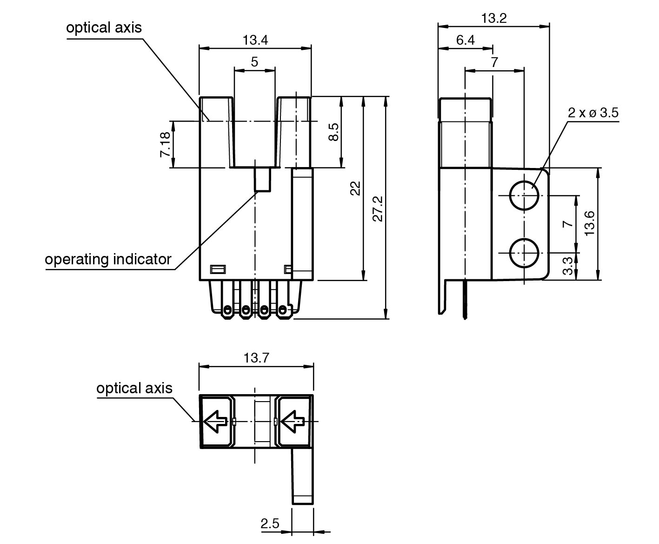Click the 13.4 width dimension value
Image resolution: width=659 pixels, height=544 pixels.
coord(255,40)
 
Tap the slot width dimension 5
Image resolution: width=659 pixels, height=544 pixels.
coord(254,62)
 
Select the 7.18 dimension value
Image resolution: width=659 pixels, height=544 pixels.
coord(165,144)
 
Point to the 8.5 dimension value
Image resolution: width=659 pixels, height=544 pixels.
coord(333,132)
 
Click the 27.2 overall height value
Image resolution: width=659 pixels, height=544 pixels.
coord(378,208)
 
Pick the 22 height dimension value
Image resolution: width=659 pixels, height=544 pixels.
coord(355,188)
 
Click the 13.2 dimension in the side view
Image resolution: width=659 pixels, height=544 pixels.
coord(493,19)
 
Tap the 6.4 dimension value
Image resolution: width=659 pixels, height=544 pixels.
coord(465,40)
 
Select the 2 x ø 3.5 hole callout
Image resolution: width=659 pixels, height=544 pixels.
coord(593,113)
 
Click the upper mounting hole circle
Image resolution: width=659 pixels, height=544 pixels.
coord(525,195)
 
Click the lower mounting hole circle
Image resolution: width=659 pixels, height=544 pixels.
coord(525,253)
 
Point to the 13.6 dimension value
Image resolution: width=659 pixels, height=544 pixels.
coord(589,223)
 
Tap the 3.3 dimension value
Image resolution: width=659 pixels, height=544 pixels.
coord(568,267)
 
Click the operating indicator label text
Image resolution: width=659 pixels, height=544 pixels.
coord(108,259)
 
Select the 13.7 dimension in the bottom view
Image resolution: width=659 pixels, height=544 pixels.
coord(256,358)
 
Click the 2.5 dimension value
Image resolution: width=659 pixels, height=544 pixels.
coord(270,524)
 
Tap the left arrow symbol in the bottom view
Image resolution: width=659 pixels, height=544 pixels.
coord(215,422)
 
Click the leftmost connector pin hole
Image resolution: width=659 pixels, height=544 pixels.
coord(227,309)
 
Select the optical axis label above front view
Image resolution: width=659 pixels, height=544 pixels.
coord(104,27)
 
